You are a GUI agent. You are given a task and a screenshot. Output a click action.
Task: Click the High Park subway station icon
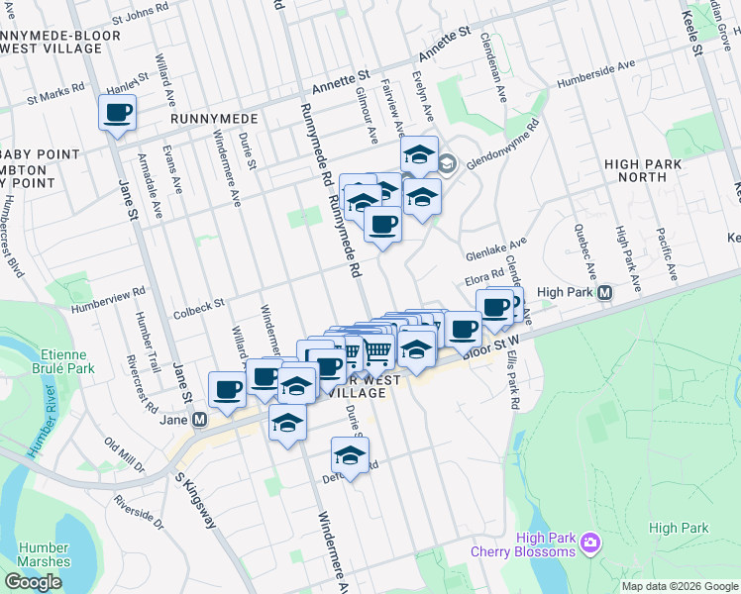pos(604,293)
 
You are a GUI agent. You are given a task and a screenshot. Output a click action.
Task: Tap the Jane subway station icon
pos(200,420)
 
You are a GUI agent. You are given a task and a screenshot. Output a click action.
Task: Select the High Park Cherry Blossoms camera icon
pos(590,542)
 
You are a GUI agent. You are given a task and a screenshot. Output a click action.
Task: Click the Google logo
pos(33,582)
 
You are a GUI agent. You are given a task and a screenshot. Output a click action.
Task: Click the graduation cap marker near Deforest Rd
pos(350,455)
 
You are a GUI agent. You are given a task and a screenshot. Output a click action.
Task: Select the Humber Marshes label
pos(44,554)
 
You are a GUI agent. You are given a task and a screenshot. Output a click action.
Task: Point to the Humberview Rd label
pos(107,294)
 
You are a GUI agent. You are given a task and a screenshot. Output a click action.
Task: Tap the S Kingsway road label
pos(194,502)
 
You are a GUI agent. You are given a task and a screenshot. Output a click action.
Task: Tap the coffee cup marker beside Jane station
pos(227,389)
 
